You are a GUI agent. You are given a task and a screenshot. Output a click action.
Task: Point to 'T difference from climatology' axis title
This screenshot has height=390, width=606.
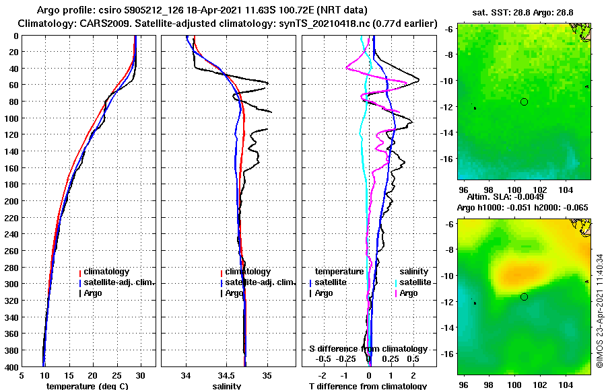click(x=368, y=386)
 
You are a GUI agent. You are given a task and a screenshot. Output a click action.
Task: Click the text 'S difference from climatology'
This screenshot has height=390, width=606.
click(x=368, y=349)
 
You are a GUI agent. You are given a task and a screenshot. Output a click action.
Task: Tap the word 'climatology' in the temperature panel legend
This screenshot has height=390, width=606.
click(x=106, y=272)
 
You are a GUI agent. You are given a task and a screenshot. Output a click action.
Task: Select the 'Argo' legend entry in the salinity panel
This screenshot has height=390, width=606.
click(x=234, y=293)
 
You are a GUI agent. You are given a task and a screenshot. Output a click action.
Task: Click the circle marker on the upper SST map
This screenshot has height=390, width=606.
click(x=524, y=102)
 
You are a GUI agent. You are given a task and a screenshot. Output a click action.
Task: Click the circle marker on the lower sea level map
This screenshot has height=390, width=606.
click(x=524, y=297)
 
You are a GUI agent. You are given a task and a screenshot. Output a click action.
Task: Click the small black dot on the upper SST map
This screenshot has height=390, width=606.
click(x=475, y=108)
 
